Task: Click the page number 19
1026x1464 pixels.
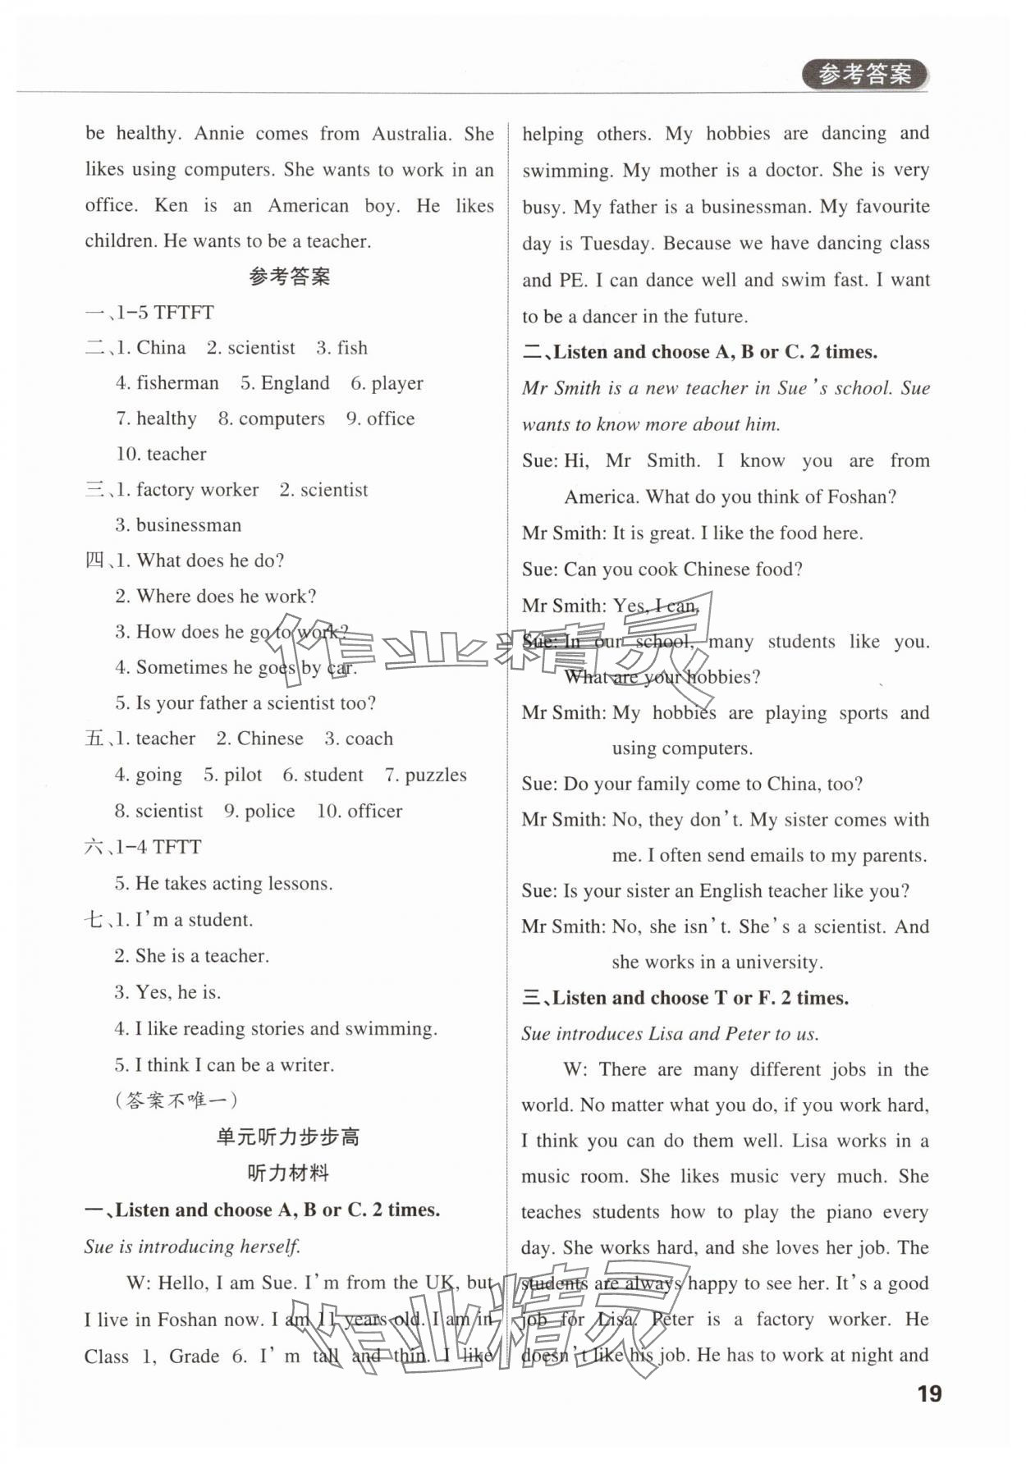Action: point(929,1394)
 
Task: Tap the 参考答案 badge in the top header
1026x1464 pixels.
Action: point(864,75)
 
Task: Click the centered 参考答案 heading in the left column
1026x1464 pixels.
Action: point(289,277)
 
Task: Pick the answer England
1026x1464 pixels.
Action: point(295,383)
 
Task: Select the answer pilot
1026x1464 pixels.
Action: point(243,775)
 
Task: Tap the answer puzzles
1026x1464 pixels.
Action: point(435,775)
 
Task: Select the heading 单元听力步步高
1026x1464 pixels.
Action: point(288,1137)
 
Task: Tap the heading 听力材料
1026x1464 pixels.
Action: point(288,1173)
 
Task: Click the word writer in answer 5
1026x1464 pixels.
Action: point(307,1065)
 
